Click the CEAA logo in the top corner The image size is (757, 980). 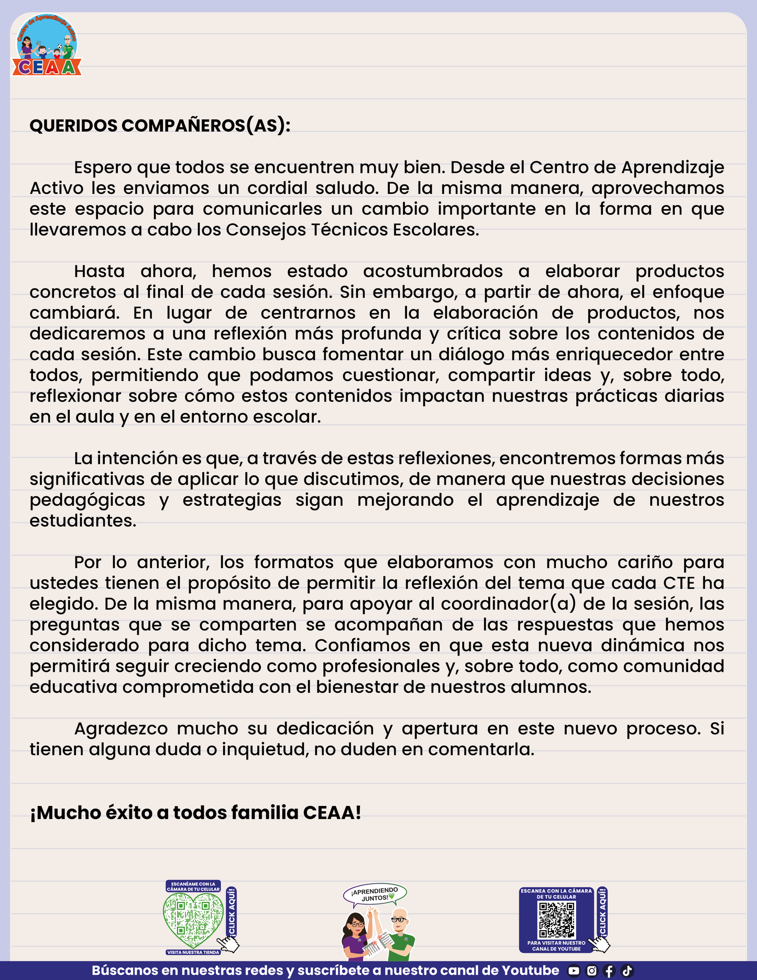(47, 46)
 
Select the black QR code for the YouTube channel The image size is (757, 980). (557, 920)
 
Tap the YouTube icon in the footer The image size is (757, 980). (574, 971)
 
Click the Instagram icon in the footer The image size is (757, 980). (591, 971)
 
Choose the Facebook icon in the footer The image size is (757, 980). (609, 971)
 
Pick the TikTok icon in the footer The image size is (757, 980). (627, 971)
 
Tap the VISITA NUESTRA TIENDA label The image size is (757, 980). (193, 952)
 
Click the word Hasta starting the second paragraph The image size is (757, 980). (99, 271)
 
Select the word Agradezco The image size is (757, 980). (120, 729)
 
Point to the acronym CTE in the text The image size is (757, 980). (679, 583)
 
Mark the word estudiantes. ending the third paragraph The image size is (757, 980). (83, 521)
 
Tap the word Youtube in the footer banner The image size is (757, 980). (530, 971)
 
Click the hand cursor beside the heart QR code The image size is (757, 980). (228, 944)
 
